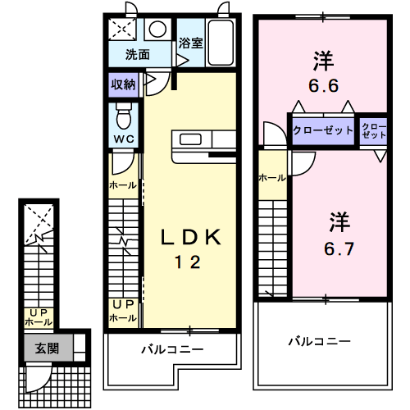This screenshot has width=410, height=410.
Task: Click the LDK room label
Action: (189, 239)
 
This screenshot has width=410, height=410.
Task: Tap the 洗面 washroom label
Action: (137, 56)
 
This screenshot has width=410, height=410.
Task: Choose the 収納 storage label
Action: (124, 84)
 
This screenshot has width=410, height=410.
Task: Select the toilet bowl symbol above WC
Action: (124, 112)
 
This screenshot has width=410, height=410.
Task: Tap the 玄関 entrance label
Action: (46, 347)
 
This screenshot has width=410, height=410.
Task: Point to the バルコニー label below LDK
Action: (171, 349)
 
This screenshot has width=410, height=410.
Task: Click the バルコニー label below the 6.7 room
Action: (319, 340)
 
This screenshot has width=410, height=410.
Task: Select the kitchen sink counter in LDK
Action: (194, 139)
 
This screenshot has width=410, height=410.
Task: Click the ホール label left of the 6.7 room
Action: (271, 177)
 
